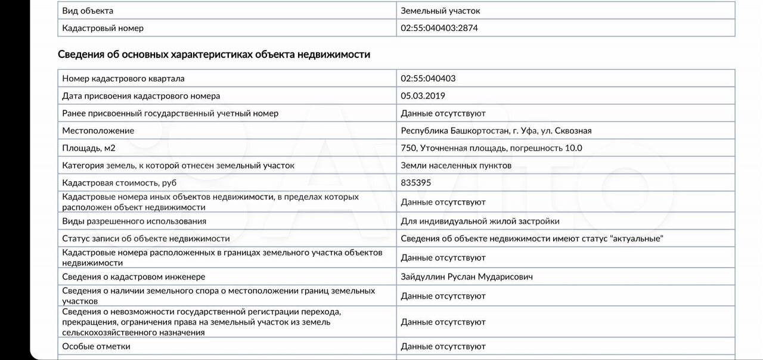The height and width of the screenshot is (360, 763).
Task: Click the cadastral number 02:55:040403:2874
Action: [439, 28]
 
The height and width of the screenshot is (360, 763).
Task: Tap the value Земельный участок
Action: [440, 11]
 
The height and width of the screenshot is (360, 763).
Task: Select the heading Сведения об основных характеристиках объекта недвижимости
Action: [214, 54]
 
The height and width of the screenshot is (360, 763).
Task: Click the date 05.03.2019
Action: [423, 96]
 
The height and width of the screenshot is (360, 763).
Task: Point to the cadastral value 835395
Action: [415, 183]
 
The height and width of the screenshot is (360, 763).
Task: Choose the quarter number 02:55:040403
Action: [428, 79]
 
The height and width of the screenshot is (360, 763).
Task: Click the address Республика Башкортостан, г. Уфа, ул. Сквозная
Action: [496, 131]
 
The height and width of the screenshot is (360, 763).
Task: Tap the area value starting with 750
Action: [491, 148]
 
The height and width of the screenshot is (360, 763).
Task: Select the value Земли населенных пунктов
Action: [456, 166]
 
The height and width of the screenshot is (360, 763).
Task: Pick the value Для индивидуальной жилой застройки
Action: [480, 221]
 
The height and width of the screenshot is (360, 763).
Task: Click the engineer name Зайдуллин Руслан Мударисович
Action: [467, 277]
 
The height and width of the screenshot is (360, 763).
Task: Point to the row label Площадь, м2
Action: [89, 148]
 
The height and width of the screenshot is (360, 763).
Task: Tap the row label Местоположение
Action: [98, 131]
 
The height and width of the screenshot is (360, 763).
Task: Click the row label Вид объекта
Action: [88, 11]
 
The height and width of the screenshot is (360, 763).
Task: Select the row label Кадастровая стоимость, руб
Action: [119, 183]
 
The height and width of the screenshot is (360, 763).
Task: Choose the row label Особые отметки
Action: [96, 346]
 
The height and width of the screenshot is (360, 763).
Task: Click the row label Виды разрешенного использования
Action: [134, 221]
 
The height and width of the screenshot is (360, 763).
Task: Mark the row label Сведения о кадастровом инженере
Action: [134, 277]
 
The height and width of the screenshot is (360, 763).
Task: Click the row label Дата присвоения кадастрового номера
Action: [141, 96]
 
